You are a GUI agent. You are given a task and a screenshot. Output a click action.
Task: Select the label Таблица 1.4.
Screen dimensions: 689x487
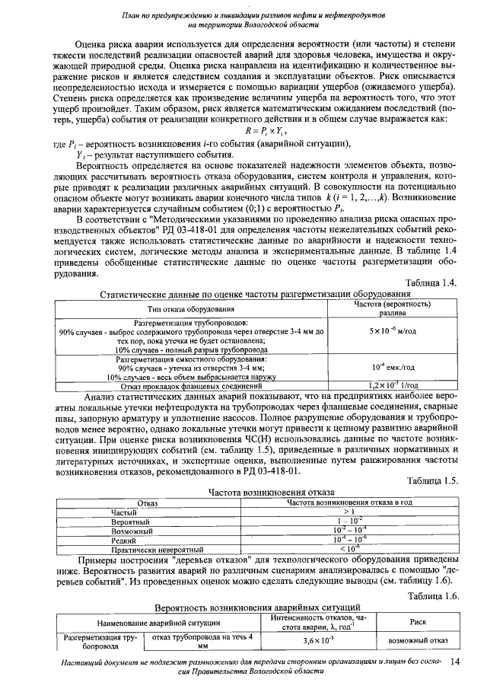click(431, 283)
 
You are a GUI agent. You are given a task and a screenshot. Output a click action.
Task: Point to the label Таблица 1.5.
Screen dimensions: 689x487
click(431, 481)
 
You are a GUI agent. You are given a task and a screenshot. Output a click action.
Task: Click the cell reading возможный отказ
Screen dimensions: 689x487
click(418, 640)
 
